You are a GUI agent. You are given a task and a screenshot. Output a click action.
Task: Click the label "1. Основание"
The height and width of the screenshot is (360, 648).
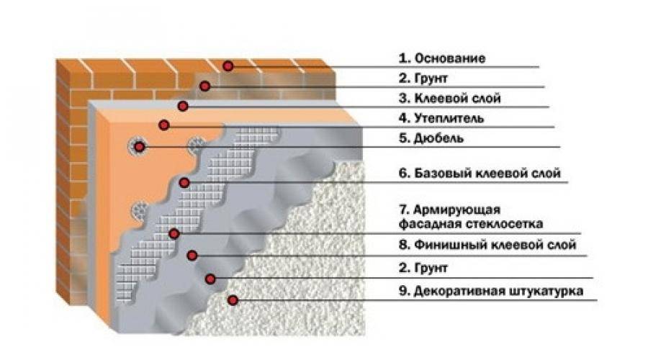tap(442, 58)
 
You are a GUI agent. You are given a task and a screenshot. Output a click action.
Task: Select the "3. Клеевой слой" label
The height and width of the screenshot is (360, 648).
tap(449, 99)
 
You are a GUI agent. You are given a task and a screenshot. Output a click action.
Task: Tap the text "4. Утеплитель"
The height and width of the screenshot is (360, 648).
tap(441, 118)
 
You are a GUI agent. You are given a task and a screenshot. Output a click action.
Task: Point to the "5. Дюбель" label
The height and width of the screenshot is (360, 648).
tap(431, 138)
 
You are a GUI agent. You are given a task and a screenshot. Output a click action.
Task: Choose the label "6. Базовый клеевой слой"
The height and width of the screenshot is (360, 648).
tap(480, 173)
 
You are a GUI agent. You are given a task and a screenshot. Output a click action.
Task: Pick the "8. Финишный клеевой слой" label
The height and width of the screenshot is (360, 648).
tap(487, 245)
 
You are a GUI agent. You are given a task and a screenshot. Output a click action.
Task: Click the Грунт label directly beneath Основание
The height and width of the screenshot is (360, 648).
tap(423, 78)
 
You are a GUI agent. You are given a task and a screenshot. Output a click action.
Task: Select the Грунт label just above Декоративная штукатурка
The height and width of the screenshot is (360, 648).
tap(423, 268)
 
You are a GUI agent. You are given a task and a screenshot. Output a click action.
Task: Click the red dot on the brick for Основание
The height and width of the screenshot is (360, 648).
tap(228, 66)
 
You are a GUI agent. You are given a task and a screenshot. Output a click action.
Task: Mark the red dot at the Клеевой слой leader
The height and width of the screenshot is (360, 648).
tap(183, 106)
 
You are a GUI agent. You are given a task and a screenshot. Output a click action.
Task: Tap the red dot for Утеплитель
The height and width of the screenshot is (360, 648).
tap(164, 125)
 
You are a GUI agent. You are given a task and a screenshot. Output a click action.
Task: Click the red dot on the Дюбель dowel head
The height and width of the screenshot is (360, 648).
tap(140, 147)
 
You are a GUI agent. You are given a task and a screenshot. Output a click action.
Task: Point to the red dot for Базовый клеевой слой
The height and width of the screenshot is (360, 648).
tap(184, 182)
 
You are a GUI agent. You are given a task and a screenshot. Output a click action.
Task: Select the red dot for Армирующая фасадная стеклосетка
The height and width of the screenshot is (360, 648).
tap(174, 234)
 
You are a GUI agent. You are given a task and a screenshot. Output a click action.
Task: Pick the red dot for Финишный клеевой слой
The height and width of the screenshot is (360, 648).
tap(192, 256)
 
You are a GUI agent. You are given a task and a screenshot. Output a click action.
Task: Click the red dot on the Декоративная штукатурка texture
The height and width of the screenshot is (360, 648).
tap(233, 300)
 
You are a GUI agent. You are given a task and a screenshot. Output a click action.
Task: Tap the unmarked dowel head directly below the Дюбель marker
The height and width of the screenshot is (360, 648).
tap(140, 211)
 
